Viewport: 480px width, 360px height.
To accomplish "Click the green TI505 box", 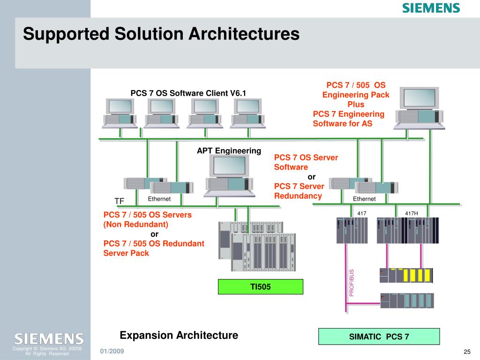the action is (x=261, y=286).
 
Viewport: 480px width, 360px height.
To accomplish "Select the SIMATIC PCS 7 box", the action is (x=379, y=337).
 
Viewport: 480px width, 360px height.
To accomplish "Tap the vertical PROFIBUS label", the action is (x=352, y=283).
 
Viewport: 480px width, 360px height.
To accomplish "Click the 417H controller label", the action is (x=412, y=213).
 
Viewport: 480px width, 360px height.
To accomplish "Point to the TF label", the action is (x=119, y=201).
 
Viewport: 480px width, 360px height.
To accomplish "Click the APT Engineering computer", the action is (x=229, y=176).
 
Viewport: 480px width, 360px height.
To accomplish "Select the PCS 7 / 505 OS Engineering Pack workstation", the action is (x=419, y=108).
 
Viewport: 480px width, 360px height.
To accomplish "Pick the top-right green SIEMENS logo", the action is (x=431, y=8).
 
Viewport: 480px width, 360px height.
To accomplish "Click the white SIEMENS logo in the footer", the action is (x=49, y=339).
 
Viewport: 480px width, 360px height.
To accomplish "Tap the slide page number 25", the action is (x=467, y=352).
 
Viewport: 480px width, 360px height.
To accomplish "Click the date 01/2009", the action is (x=112, y=351).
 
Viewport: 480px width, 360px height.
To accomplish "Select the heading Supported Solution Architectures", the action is (x=161, y=34).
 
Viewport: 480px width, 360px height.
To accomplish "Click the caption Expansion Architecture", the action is (x=179, y=335).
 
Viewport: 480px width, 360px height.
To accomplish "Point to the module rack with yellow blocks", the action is (x=406, y=275).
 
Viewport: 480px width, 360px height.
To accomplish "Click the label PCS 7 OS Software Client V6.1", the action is (x=188, y=93).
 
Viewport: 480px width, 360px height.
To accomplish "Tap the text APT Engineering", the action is (x=229, y=150).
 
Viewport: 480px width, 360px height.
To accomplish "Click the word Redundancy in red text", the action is (x=298, y=196).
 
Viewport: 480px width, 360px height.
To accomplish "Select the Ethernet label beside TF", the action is (x=159, y=199).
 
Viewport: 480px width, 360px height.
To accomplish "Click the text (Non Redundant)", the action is (x=136, y=225).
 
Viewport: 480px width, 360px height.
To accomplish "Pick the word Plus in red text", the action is (x=356, y=105).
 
